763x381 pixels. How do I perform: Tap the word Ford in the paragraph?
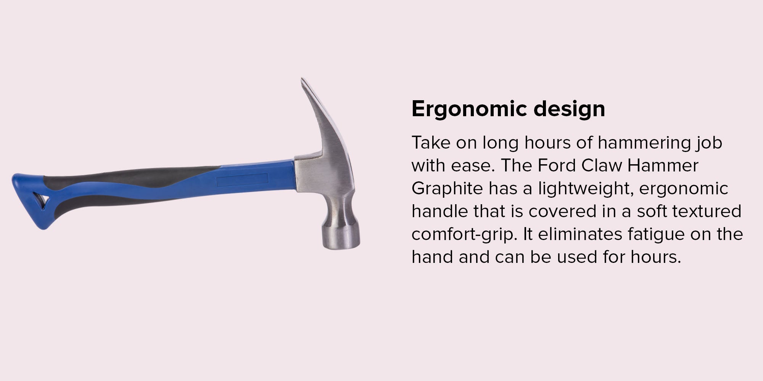point(557,165)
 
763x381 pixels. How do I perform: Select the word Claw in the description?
point(602,165)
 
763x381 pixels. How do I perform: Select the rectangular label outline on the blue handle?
point(242,180)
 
